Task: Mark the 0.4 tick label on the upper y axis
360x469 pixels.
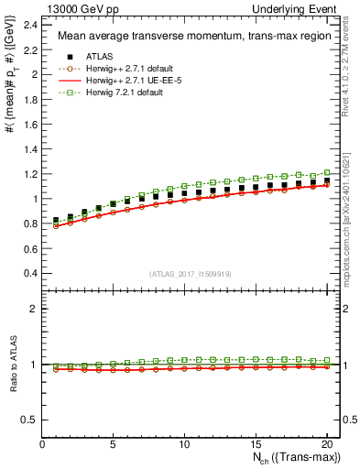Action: [32, 273]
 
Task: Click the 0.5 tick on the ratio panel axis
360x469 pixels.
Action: [32, 420]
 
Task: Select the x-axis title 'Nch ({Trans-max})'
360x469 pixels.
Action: [290, 460]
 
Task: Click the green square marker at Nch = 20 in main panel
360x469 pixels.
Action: [326, 172]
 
